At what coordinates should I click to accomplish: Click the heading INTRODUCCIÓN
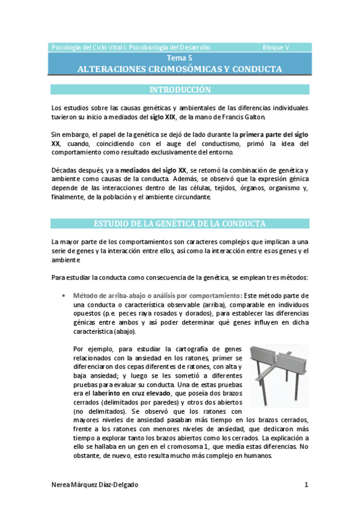click(x=180, y=90)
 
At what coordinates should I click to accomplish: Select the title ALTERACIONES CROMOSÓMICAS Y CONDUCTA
click(x=180, y=69)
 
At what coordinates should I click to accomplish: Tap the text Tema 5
click(x=180, y=58)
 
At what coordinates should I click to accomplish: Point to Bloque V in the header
click(x=276, y=47)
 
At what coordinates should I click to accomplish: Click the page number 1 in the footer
click(x=306, y=485)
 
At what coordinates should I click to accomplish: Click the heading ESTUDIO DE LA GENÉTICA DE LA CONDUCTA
click(x=180, y=224)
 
